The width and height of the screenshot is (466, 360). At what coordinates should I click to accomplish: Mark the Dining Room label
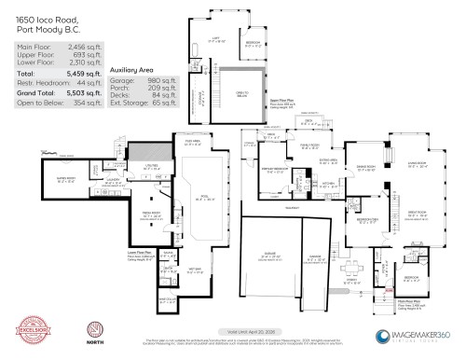tap(360, 169)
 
